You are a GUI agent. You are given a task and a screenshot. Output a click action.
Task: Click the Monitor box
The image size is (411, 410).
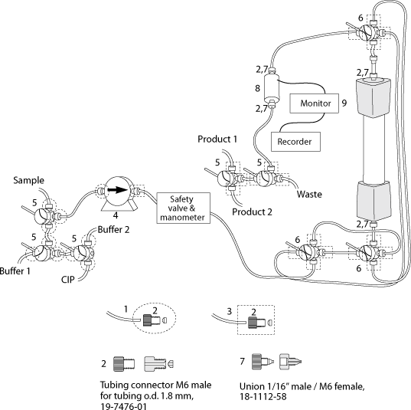pyautogui.click(x=314, y=103)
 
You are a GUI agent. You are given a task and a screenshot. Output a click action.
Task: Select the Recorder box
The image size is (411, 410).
pyautogui.click(x=295, y=142)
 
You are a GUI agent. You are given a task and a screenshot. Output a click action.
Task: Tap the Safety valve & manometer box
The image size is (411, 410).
pyautogui.click(x=184, y=208)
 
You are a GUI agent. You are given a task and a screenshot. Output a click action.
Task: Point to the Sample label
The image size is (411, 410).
pyautogui.click(x=29, y=180)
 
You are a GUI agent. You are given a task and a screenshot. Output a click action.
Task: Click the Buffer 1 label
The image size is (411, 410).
pyautogui.click(x=15, y=271)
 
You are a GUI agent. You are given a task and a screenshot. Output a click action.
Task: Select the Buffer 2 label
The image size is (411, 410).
pyautogui.click(x=113, y=230)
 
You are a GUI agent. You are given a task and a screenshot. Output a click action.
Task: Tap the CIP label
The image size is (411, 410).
pyautogui.click(x=68, y=280)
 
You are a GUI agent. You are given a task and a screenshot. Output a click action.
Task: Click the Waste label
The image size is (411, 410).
pyautogui.click(x=309, y=194)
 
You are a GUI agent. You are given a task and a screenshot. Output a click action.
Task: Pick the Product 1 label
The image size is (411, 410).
pyautogui.click(x=217, y=139)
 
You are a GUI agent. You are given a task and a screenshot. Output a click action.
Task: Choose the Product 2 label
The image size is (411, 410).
pyautogui.click(x=252, y=212)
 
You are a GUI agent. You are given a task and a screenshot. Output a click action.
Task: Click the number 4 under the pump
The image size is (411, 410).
pyautogui.click(x=116, y=215)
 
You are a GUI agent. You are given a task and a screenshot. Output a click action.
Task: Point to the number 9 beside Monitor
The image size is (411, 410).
pyautogui.click(x=344, y=103)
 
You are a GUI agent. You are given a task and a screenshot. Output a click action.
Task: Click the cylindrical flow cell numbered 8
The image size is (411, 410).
pyautogui.click(x=271, y=88)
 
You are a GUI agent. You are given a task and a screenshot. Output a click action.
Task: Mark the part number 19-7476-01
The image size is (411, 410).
pyautogui.click(x=123, y=406)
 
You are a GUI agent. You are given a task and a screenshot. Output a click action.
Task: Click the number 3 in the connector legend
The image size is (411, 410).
pyautogui.click(x=230, y=312)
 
